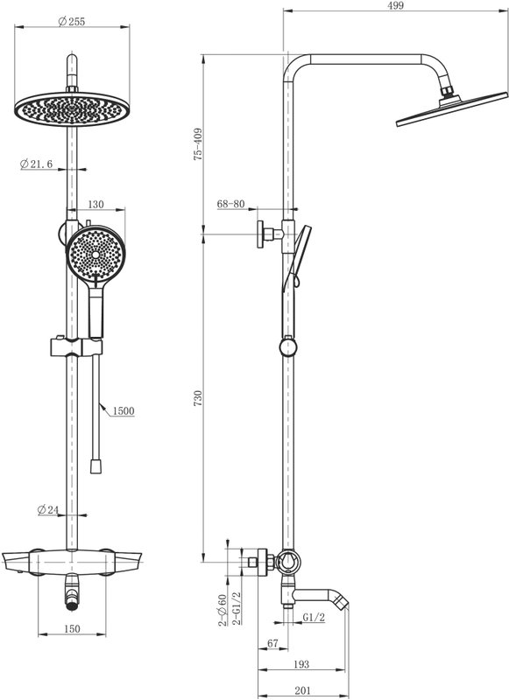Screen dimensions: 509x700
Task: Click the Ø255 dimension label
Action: [x=72, y=21]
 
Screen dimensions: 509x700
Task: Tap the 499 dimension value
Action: [x=396, y=5]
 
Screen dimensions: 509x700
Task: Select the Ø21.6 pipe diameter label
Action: [x=36, y=164]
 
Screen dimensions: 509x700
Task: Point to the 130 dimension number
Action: [x=95, y=205]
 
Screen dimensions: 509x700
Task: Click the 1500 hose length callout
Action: [x=124, y=410]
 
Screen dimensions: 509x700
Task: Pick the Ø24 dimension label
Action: [x=48, y=509]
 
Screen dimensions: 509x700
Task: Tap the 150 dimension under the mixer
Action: [x=72, y=628]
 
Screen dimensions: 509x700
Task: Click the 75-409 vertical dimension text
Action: [x=198, y=144]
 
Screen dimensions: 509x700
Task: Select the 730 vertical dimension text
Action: [x=198, y=398]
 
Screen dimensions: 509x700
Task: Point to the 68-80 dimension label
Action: [x=231, y=204]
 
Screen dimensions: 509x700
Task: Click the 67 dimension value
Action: [x=272, y=643]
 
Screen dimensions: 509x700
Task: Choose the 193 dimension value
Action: [x=301, y=664]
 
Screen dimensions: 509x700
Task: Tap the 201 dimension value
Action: [x=302, y=690]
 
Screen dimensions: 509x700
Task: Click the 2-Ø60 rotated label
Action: [x=223, y=610]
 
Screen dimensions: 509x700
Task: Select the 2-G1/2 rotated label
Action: [x=237, y=607]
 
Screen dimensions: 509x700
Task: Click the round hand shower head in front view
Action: [x=95, y=254]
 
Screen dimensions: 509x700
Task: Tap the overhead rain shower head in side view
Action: [x=451, y=108]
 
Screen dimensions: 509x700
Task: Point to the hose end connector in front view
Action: [x=95, y=465]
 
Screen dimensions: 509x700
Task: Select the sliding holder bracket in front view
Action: [x=76, y=346]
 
